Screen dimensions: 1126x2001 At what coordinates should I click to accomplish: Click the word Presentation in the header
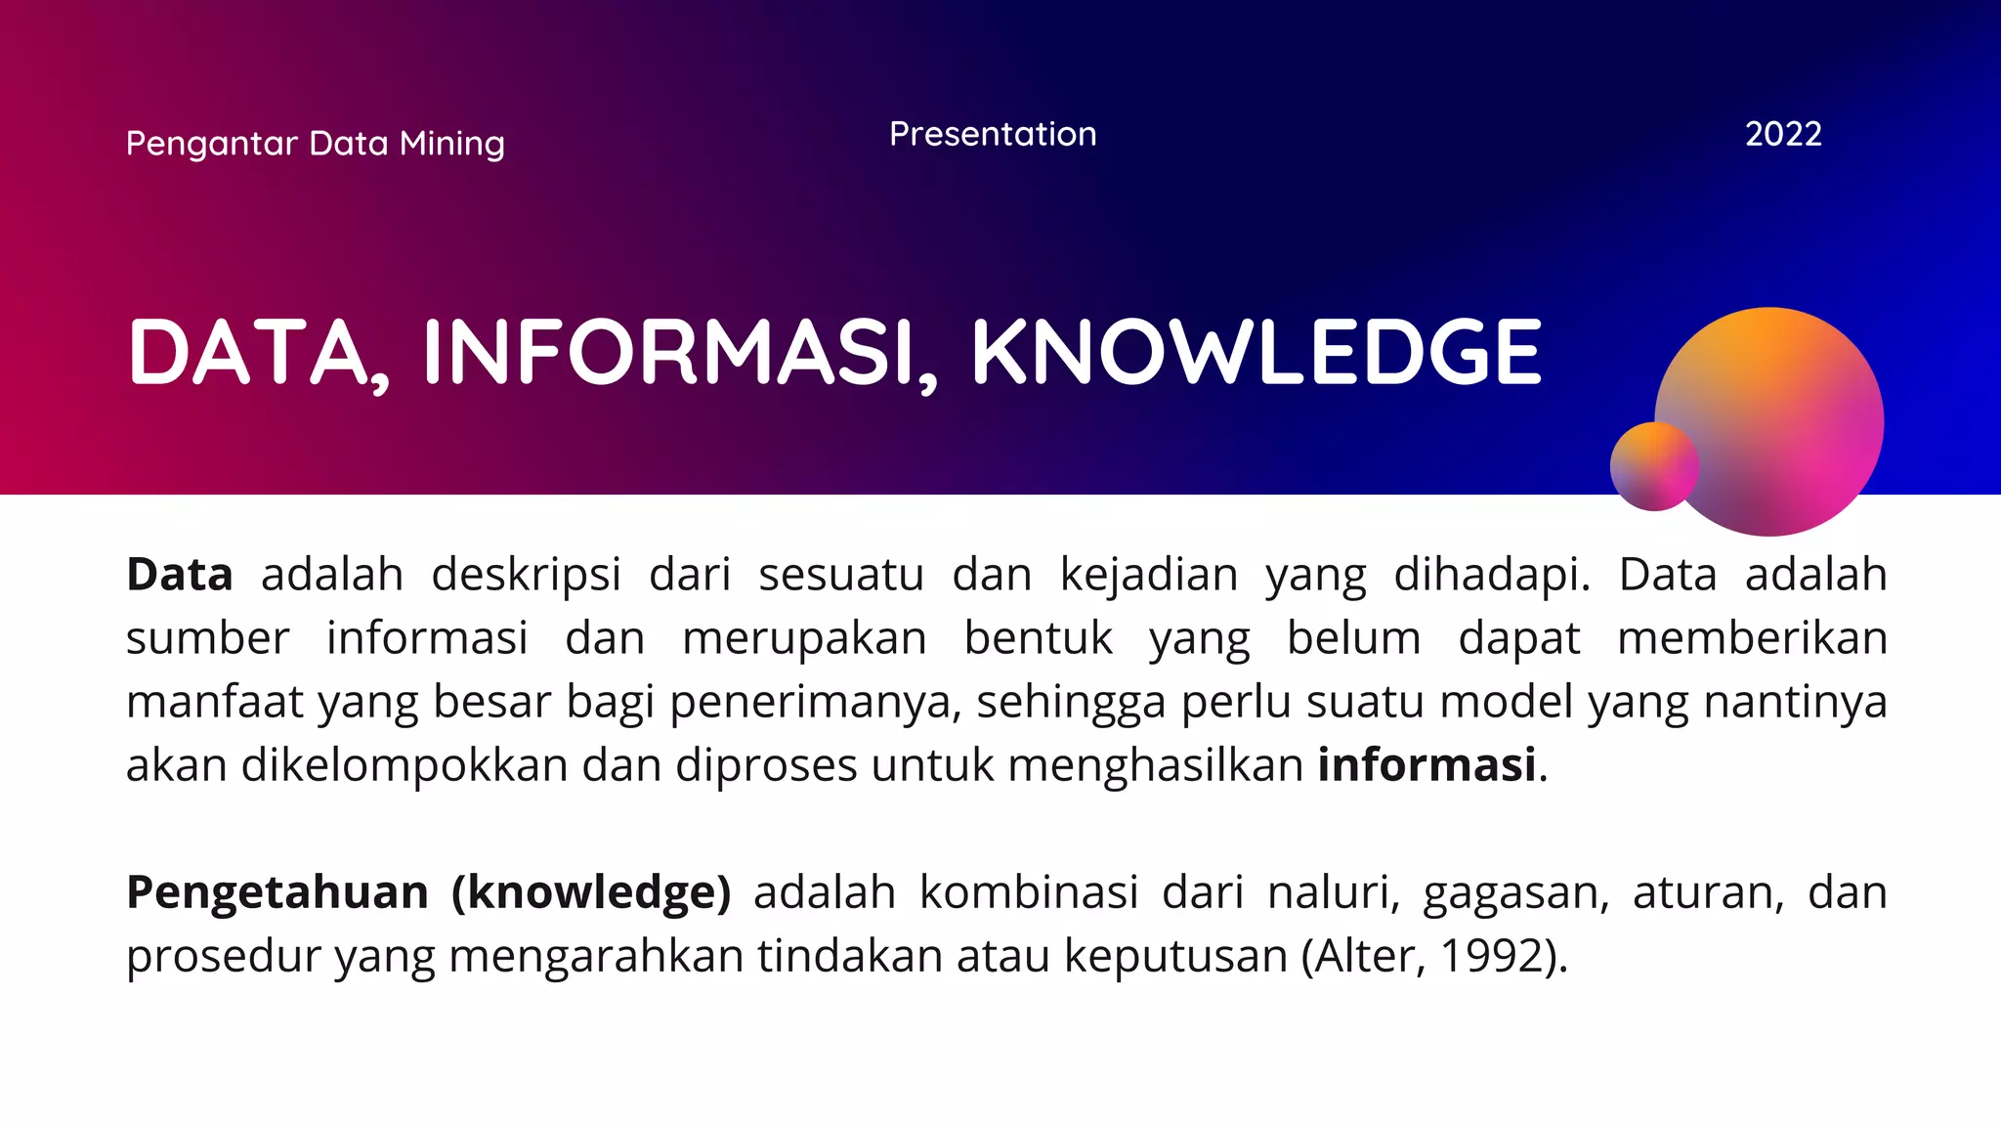(x=993, y=134)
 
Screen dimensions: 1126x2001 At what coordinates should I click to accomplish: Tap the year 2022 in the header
(x=1783, y=134)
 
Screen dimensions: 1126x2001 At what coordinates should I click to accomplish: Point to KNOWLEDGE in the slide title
(x=1256, y=352)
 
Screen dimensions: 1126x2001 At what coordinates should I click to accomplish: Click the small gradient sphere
(x=1653, y=466)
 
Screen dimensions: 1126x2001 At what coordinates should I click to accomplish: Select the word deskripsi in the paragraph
(x=526, y=575)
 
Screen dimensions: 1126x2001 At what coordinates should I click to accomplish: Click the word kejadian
(x=1148, y=575)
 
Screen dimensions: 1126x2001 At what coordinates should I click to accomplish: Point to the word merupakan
(x=804, y=638)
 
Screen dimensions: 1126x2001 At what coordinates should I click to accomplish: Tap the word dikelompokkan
(x=404, y=765)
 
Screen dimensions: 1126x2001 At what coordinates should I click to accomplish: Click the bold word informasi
(x=1426, y=765)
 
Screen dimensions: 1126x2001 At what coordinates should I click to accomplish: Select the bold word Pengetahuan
(x=277, y=892)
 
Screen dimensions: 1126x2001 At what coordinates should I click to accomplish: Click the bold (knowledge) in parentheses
(x=591, y=892)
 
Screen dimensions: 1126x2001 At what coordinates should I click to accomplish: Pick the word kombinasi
(x=1029, y=892)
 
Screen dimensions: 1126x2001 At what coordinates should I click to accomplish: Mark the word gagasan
(x=1515, y=892)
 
